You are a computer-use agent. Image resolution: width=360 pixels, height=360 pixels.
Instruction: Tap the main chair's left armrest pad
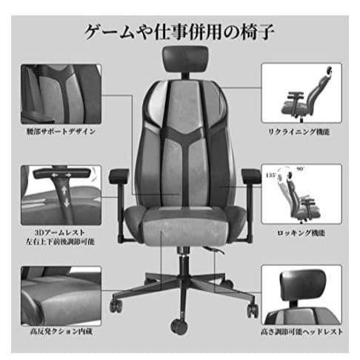119,177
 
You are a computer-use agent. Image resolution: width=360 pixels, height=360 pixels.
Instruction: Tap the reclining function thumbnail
301,95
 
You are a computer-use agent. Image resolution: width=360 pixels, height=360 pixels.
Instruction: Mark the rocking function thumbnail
301,194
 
